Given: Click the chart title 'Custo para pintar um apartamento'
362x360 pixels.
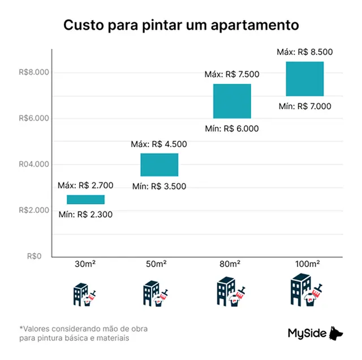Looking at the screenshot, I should pos(180,25).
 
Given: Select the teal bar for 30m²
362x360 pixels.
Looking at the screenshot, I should pos(85,199).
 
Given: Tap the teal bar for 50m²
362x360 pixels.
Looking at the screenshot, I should pos(159,165).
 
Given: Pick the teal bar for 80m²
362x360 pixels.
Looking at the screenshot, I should pos(232,101).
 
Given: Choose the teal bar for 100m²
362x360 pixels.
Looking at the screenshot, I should pos(304,79).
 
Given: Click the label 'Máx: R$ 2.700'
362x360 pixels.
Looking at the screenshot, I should pos(85,185).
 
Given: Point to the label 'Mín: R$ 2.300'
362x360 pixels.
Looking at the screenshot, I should pos(86,214).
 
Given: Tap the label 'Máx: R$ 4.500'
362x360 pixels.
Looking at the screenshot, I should pos(159,144).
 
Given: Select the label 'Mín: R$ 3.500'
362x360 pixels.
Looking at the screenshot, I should pos(159,186).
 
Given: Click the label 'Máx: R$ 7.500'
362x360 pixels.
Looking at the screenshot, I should pos(232,74).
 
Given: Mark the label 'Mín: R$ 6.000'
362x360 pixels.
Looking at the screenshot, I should pos(232,128).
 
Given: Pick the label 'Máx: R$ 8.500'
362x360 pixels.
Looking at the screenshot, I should pos(304,52).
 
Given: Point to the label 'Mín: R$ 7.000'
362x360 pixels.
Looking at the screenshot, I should pos(304,106).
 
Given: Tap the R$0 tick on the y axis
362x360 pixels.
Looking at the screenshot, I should pos(35,256).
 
